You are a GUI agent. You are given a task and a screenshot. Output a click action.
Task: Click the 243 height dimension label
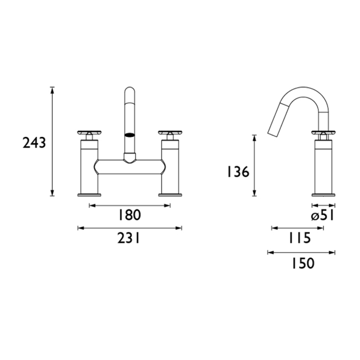34,143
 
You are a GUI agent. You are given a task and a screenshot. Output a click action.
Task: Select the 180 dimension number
130,215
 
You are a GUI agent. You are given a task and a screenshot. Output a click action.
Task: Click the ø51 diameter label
322,215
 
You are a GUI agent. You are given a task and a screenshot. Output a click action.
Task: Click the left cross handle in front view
89,133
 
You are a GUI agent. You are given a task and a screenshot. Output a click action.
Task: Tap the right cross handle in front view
171,133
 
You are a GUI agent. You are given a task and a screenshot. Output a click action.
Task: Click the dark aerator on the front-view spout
129,133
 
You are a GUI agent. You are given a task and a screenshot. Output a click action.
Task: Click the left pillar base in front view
89,193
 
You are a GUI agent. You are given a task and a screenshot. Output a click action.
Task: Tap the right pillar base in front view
171,193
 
